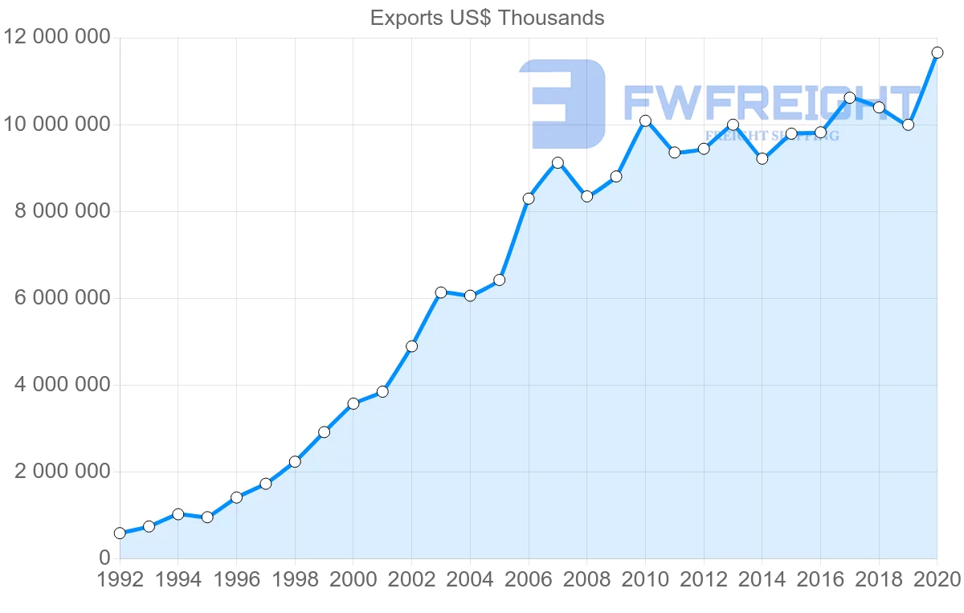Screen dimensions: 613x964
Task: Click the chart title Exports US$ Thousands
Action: pyautogui.click(x=487, y=18)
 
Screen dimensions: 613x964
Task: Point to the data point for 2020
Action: pyautogui.click(x=937, y=53)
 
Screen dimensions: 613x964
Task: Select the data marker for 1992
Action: pyautogui.click(x=120, y=533)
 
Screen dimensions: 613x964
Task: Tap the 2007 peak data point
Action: pyautogui.click(x=558, y=163)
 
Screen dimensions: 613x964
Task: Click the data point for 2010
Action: pyautogui.click(x=645, y=121)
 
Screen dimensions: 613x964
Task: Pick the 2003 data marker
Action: pyautogui.click(x=441, y=292)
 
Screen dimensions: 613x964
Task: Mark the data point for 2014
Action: pyautogui.click(x=762, y=159)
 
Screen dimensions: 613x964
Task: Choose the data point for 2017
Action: pyautogui.click(x=849, y=98)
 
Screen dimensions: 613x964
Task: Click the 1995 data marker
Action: pyautogui.click(x=207, y=517)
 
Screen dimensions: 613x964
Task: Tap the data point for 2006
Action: pyautogui.click(x=529, y=198)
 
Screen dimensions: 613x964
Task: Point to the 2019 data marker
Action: pyautogui.click(x=908, y=125)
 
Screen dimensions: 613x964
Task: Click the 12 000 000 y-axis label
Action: pyautogui.click(x=56, y=38)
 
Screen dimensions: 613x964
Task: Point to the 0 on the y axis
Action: pyautogui.click(x=104, y=558)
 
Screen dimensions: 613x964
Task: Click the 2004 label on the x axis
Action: pyautogui.click(x=470, y=580)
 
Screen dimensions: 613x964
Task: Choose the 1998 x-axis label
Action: pyautogui.click(x=295, y=580)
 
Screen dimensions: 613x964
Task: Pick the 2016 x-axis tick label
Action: pyautogui.click(x=820, y=580)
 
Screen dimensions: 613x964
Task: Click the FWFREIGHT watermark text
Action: pyautogui.click(x=770, y=104)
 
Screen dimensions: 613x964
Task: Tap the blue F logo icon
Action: pyautogui.click(x=562, y=104)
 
